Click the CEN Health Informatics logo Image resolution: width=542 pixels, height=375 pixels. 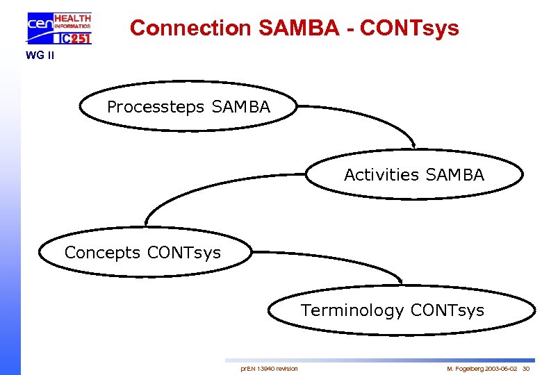(60, 28)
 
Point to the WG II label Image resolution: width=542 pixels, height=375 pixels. (40, 55)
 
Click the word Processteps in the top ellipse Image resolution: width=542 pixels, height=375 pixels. (156, 108)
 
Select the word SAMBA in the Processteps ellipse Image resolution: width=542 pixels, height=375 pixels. (240, 108)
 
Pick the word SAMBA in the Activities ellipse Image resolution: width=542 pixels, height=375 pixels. (455, 175)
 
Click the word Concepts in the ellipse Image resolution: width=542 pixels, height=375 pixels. (102, 253)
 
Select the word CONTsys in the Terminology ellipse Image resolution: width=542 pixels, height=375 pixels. (447, 310)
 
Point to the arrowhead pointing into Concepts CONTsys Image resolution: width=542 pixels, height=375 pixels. (146, 223)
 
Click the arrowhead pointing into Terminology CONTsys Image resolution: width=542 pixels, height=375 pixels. (401, 281)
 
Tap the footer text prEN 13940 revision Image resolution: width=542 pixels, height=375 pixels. (269, 368)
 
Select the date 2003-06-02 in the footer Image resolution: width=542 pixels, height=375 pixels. (502, 368)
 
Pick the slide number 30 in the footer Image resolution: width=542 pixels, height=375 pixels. (526, 368)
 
